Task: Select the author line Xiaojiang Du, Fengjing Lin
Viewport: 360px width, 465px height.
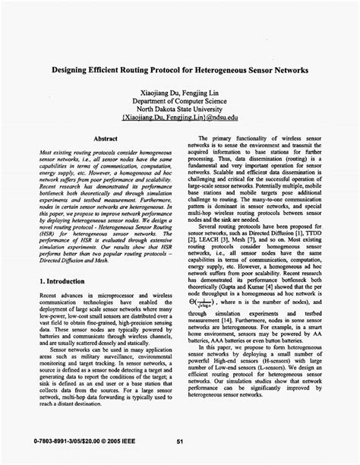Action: pyautogui.click(x=179, y=91)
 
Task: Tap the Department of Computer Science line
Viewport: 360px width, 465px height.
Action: pyautogui.click(x=179, y=100)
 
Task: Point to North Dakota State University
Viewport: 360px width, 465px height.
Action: pyautogui.click(x=179, y=109)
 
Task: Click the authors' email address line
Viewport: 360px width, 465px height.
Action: pyautogui.click(x=179, y=119)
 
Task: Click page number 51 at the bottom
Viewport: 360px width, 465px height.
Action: pyautogui.click(x=180, y=441)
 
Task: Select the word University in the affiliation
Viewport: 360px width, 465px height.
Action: pyautogui.click(x=213, y=109)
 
